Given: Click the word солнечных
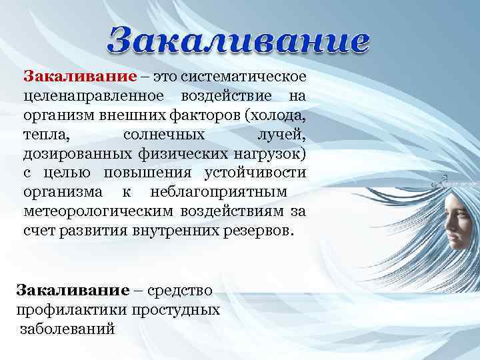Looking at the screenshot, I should (x=164, y=135).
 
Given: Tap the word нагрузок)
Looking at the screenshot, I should (x=269, y=156).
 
